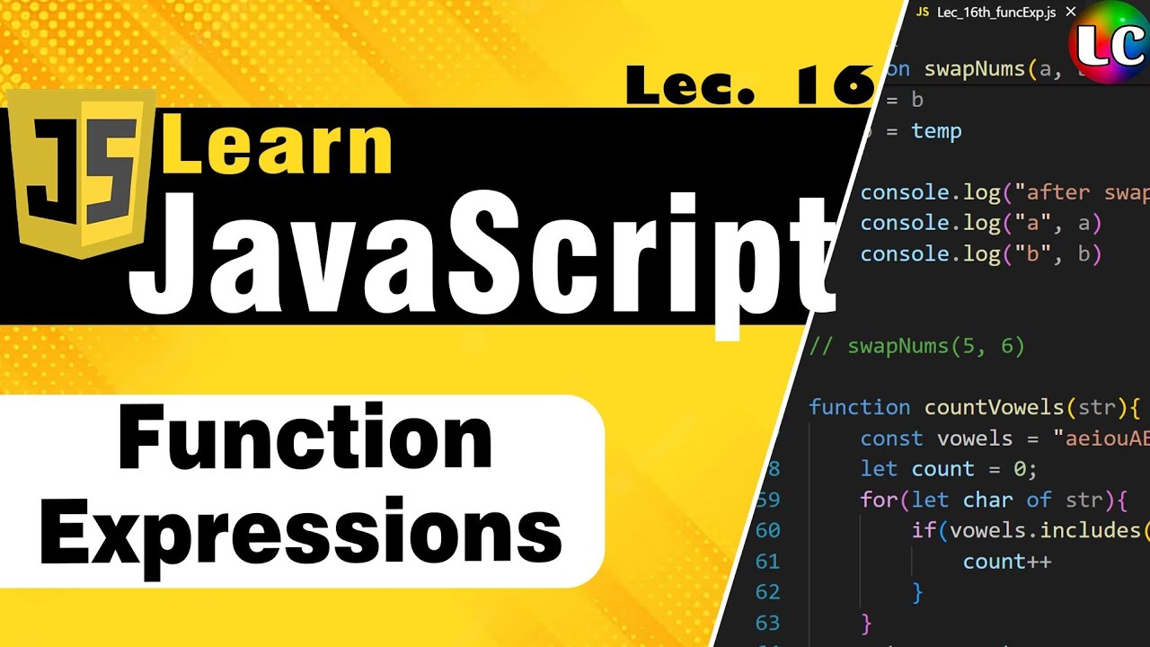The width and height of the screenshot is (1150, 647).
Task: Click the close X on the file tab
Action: click(1070, 13)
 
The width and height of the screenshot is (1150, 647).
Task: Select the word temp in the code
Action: click(936, 131)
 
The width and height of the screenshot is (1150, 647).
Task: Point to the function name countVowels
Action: click(995, 407)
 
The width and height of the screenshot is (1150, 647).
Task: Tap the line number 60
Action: click(768, 530)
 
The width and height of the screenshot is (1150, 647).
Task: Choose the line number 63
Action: click(768, 622)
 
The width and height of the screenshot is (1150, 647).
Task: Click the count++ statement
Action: click(1006, 562)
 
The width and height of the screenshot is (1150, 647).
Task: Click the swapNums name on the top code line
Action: click(974, 69)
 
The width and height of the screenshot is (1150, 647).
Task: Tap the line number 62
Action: click(768, 591)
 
